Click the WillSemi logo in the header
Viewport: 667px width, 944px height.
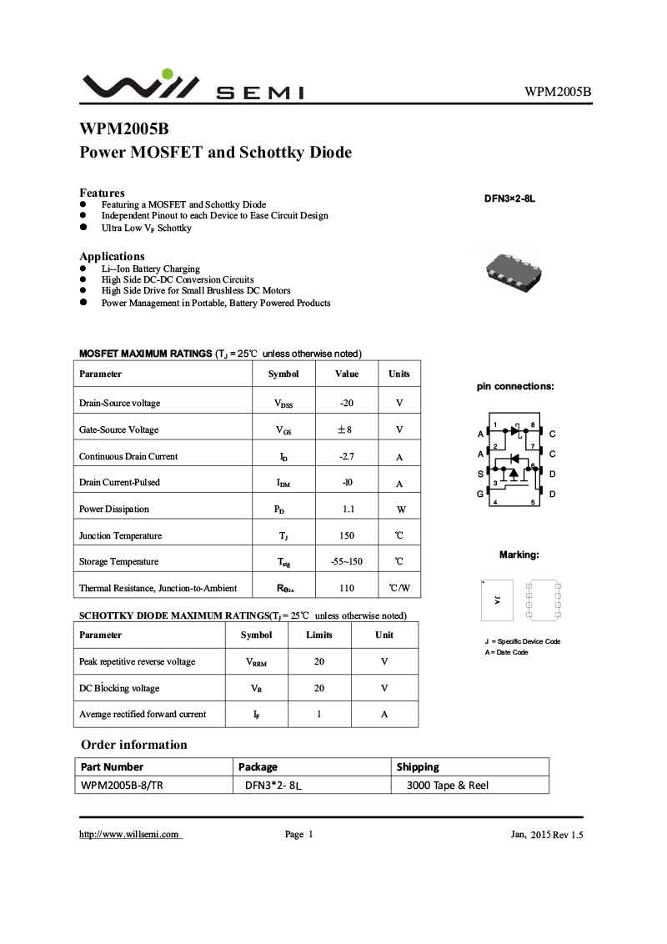click(193, 85)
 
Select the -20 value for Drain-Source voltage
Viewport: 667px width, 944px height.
click(347, 404)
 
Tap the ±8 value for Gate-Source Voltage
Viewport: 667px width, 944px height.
click(347, 430)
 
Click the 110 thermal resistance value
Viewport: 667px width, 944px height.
click(348, 589)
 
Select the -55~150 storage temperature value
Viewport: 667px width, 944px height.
click(347, 562)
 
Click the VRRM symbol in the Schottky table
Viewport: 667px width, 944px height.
click(256, 662)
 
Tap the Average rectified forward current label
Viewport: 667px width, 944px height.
click(143, 715)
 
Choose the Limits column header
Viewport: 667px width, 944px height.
click(319, 635)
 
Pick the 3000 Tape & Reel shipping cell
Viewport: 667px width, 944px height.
click(447, 785)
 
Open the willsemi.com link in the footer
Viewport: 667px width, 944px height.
click(130, 835)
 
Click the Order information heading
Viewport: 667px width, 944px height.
click(134, 745)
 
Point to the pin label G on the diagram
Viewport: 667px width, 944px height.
click(480, 494)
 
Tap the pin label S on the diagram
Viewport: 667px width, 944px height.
click(480, 474)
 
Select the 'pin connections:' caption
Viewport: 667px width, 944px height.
click(515, 387)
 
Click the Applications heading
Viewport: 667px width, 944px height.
click(112, 256)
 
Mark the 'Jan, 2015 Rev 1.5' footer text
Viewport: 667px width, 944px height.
click(546, 835)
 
